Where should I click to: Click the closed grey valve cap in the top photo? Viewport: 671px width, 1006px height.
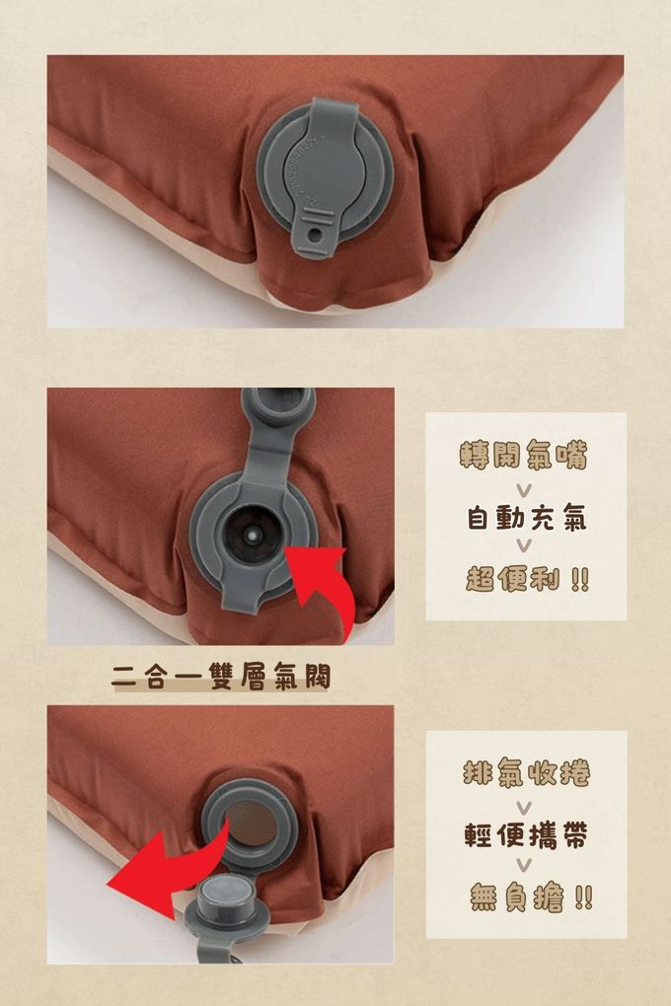[325, 177]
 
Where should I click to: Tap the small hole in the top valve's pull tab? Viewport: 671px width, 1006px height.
[314, 236]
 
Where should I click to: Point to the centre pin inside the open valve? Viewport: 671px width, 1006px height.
[253, 534]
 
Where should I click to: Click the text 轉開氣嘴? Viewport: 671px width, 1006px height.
[523, 455]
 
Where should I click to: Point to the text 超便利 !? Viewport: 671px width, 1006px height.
[527, 579]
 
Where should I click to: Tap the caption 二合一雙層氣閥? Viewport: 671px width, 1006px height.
[220, 677]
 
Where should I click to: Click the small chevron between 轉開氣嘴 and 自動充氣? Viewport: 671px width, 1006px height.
[524, 489]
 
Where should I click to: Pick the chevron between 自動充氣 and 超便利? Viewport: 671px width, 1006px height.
[524, 545]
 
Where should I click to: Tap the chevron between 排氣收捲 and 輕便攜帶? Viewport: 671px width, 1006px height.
[524, 807]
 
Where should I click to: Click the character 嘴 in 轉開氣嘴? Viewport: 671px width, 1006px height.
[572, 455]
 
